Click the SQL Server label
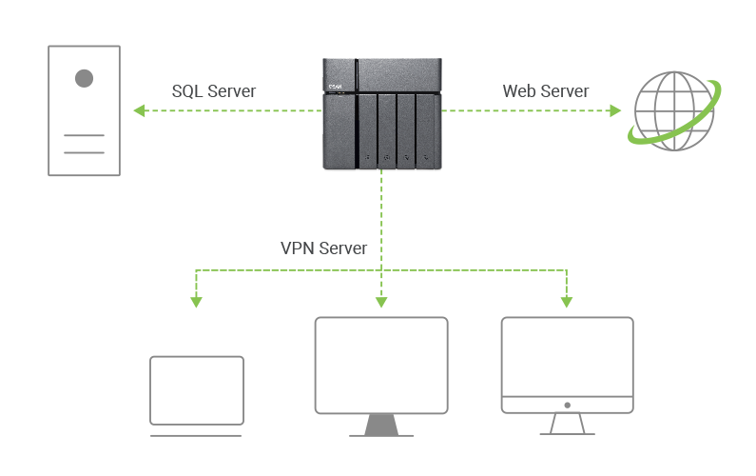[214, 91]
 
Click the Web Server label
[545, 91]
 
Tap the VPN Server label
[324, 248]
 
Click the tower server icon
[85, 110]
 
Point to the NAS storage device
[381, 112]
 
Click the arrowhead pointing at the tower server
[138, 111]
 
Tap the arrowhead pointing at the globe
[615, 111]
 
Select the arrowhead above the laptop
[197, 302]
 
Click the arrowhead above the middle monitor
[381, 302]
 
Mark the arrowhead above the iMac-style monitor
[567, 302]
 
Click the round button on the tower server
[85, 78]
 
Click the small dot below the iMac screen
[567, 405]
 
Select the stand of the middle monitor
[380, 426]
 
